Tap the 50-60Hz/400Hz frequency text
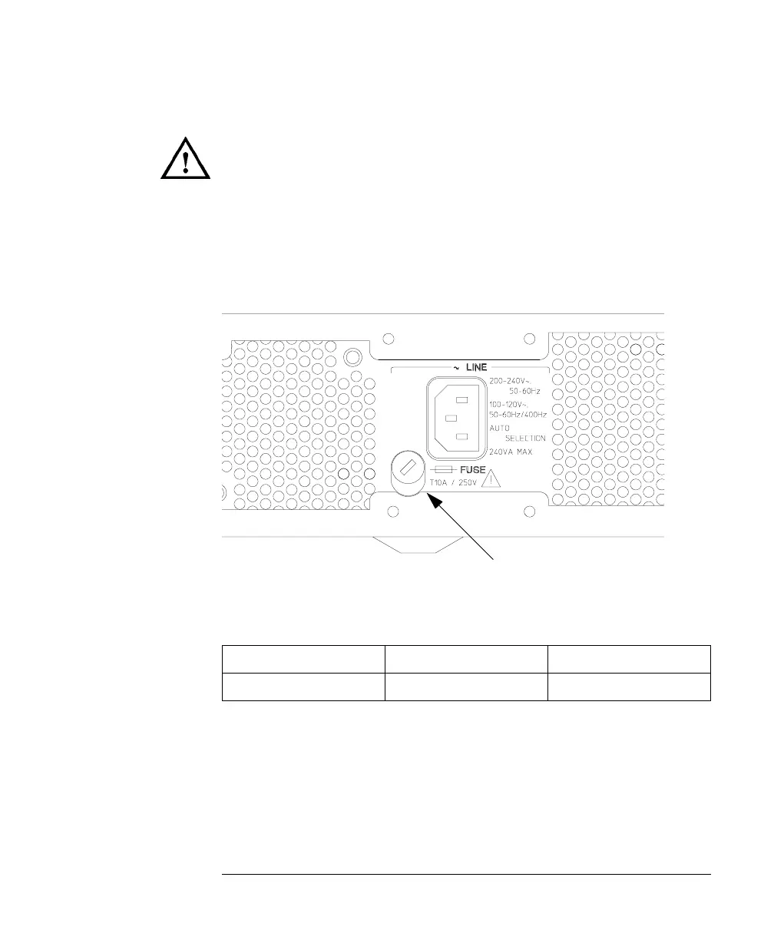[518, 415]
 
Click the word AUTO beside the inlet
[499, 426]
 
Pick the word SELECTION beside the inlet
[525, 438]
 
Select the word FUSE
[472, 468]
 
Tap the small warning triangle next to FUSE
[491, 479]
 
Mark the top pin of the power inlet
[461, 399]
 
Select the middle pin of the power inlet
[451, 419]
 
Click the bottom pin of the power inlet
[461, 437]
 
